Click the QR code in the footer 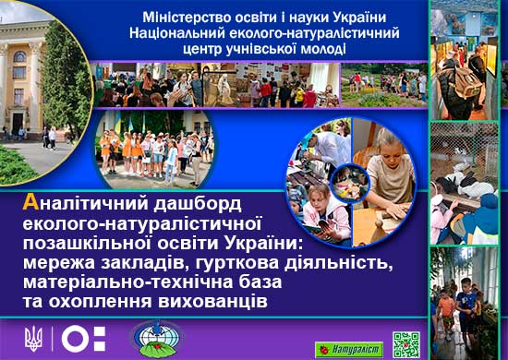click(406, 344)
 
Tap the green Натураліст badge click(349, 350)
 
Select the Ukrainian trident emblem click(33, 339)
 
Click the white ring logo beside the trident click(75, 339)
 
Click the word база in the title click(260, 282)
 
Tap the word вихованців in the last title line click(212, 302)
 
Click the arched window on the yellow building click(19, 56)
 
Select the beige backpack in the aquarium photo click(466, 82)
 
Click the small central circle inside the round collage click(350, 183)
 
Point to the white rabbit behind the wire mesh click(478, 190)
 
